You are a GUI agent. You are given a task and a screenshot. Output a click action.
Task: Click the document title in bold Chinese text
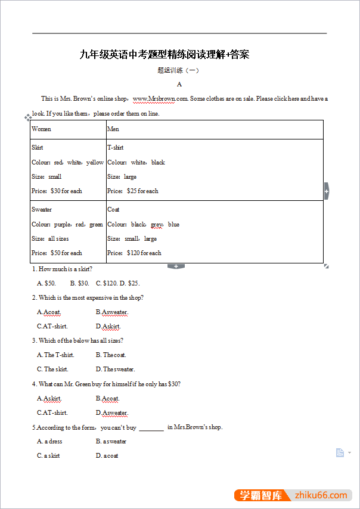[164, 55]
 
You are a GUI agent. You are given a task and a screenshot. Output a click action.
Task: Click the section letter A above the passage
[179, 85]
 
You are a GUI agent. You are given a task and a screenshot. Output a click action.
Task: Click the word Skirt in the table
[38, 148]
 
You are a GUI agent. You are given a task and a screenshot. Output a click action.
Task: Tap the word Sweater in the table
[42, 210]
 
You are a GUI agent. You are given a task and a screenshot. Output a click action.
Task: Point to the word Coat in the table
[113, 210]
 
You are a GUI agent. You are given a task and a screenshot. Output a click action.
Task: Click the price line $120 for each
[134, 253]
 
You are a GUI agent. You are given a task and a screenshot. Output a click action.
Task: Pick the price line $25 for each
[133, 191]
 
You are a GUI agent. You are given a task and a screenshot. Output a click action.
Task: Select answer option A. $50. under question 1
[46, 284]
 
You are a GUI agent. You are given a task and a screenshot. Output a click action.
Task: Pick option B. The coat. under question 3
[111, 355]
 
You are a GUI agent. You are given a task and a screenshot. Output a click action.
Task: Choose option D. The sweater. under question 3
[115, 370]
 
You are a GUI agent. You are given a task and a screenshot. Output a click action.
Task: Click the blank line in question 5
[151, 428]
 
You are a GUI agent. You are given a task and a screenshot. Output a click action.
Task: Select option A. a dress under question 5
[49, 442]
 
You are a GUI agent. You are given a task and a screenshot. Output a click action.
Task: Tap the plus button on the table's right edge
[326, 191]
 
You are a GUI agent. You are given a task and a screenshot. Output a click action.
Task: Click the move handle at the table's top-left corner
[28, 118]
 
